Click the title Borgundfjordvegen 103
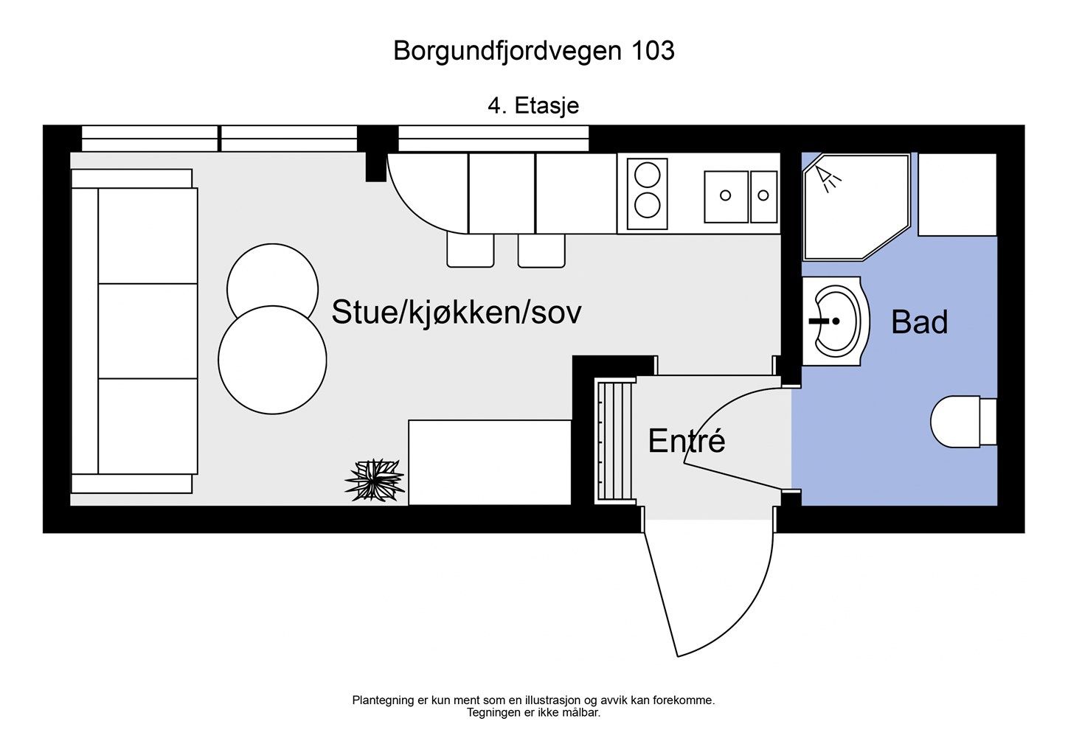point(533,51)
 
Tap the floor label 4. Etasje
point(533,105)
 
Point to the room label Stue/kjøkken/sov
point(457,313)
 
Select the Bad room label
point(919,322)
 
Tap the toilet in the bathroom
point(963,421)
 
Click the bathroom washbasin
point(836,321)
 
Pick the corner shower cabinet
point(856,207)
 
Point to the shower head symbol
point(828,178)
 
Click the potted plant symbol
point(375,479)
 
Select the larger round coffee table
point(272,360)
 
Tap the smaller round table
point(272,281)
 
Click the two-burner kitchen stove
point(647,194)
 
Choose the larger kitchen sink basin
point(726,197)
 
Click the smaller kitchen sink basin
point(763,197)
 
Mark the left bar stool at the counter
point(470,250)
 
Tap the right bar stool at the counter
point(541,250)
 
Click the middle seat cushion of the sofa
point(148,331)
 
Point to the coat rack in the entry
point(615,440)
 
